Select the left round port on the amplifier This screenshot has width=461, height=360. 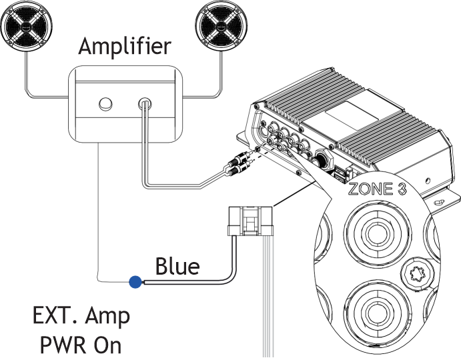(x=105, y=104)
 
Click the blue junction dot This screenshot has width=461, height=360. (x=135, y=282)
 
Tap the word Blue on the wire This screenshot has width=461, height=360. (x=177, y=267)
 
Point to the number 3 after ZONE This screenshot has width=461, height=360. (x=402, y=189)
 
